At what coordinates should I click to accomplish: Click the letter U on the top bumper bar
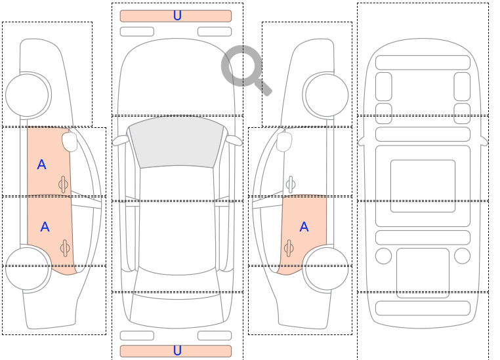[x=177, y=15]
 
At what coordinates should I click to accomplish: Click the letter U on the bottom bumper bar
[x=177, y=350]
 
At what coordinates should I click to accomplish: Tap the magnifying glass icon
[x=246, y=70]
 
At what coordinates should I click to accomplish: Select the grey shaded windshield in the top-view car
[x=177, y=142]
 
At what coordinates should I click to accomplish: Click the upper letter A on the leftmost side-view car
[x=42, y=165]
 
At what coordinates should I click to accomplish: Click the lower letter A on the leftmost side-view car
[x=45, y=227]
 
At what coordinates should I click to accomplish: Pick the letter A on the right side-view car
[x=304, y=227]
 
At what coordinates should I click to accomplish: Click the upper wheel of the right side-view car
[x=325, y=95]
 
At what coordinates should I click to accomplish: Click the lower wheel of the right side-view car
[x=325, y=268]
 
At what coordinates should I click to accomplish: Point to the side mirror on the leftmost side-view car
[x=70, y=142]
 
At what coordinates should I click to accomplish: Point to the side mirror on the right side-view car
[x=284, y=142]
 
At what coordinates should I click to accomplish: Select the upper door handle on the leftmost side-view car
[x=63, y=184]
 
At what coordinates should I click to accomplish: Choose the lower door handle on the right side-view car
[x=289, y=248]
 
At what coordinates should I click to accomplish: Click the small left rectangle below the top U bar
[x=137, y=31]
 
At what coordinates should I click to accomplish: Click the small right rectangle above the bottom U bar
[x=215, y=336]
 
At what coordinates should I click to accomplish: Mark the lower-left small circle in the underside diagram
[x=384, y=256]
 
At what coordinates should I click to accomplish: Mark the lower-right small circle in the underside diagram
[x=462, y=256]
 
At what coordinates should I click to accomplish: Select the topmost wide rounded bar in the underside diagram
[x=423, y=62]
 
